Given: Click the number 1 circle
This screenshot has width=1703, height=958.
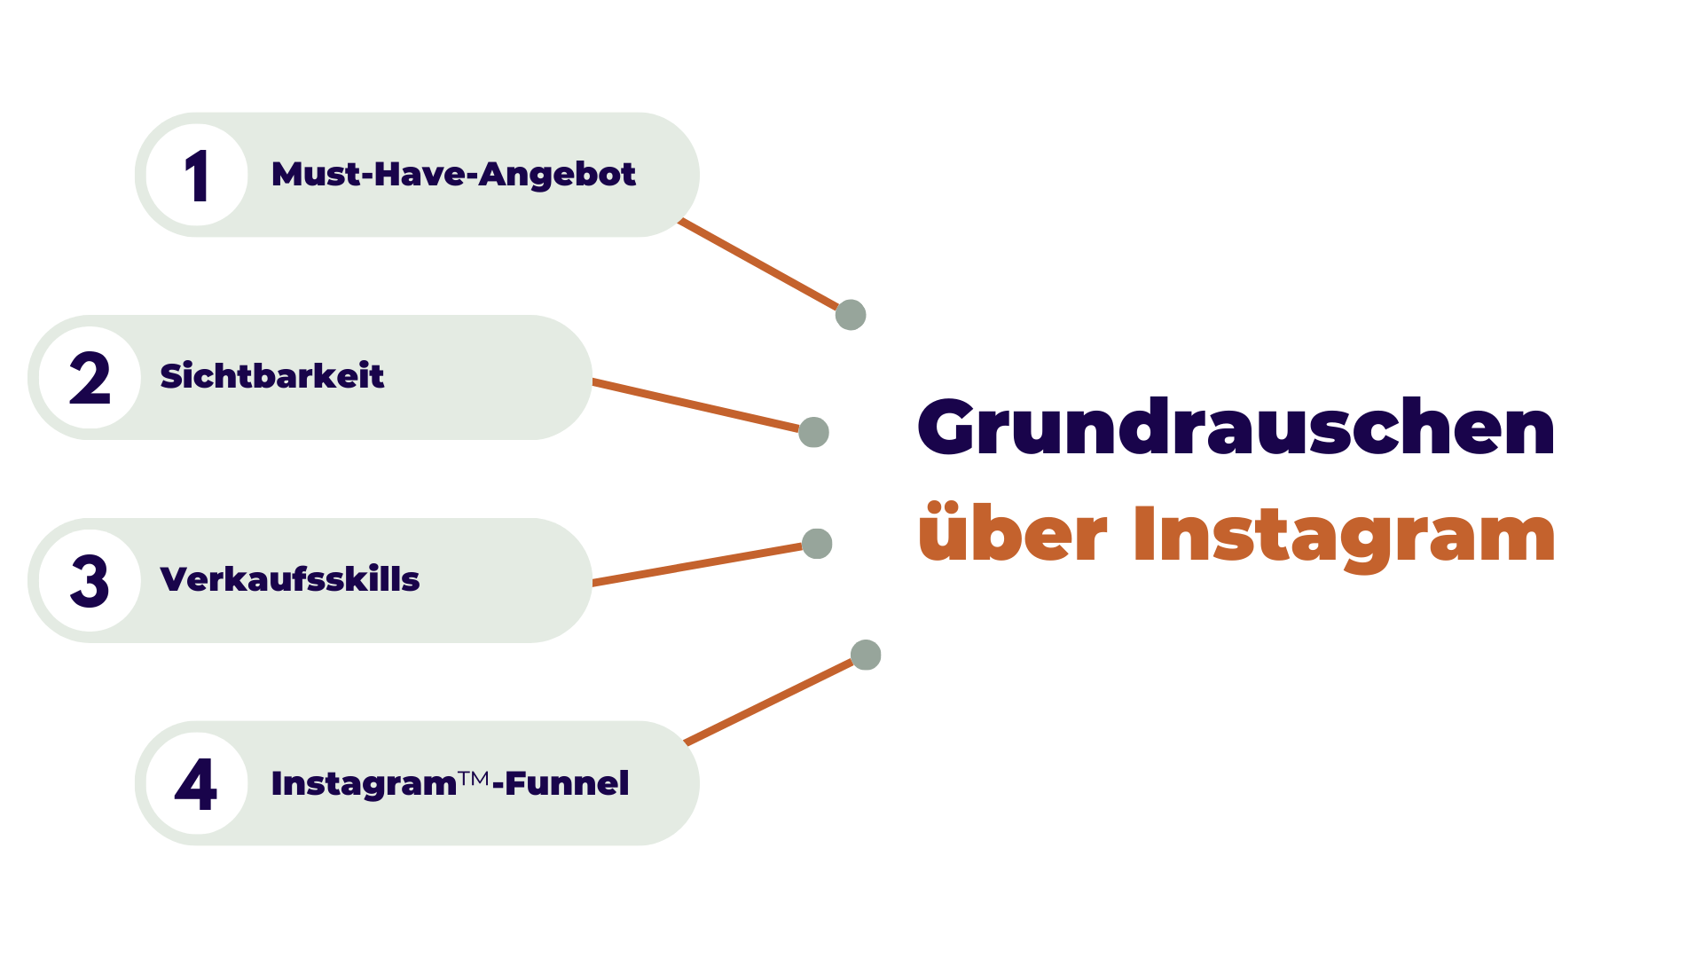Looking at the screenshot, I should click(197, 175).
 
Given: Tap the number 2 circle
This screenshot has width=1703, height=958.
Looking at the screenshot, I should click(90, 378).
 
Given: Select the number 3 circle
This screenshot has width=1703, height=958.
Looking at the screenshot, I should click(90, 581).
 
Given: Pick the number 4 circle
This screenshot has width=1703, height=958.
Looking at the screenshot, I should click(197, 783).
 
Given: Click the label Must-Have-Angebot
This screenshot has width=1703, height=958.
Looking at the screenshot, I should click(453, 175).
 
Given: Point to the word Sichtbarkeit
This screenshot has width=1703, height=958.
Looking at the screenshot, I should click(271, 376).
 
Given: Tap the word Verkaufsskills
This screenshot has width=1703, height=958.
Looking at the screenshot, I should click(289, 579).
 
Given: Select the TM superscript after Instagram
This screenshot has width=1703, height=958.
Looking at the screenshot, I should click(475, 778).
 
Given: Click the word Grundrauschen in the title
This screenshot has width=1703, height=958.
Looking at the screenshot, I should click(1236, 428).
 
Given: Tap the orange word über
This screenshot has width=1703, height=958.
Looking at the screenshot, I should click(1013, 533).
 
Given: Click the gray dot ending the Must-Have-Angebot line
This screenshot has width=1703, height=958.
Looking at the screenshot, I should click(851, 315).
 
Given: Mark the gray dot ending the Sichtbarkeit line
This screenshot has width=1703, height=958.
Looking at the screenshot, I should click(813, 433).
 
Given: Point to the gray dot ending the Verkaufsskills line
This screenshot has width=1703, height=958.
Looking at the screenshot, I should click(817, 544).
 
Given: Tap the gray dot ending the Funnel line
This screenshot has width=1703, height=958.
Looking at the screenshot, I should click(866, 656).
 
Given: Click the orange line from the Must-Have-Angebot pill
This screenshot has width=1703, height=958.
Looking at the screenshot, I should click(758, 264).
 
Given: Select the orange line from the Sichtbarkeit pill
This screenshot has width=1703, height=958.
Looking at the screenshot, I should click(696, 405).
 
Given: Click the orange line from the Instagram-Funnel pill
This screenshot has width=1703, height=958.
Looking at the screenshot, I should click(768, 702).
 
